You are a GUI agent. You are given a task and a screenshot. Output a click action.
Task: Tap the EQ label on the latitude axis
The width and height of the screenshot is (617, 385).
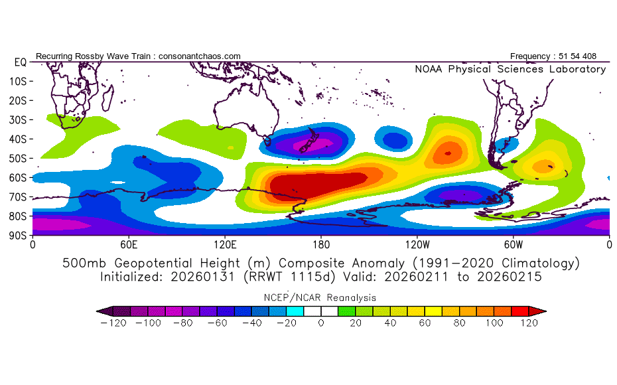19,62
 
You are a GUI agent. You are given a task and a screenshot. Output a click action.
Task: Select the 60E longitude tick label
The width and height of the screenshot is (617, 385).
129,244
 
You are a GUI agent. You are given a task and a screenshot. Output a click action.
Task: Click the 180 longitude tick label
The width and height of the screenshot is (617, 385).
321,244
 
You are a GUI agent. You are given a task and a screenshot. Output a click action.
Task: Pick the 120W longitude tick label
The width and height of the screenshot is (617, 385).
416,244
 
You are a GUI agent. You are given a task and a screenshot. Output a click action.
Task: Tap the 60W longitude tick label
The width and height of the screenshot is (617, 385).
513,244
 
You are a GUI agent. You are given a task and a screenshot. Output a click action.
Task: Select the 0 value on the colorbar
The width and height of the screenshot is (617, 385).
320,324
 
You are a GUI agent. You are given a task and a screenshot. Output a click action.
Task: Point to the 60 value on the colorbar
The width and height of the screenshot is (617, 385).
424,324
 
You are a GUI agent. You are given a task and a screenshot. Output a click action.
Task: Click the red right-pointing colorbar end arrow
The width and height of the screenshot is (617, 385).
541,310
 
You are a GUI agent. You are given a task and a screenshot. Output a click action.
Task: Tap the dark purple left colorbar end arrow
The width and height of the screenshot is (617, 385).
103,310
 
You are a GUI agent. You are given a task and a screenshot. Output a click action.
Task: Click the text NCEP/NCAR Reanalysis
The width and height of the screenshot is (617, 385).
321,297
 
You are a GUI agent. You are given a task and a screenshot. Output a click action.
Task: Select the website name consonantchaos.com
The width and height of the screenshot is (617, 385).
200,56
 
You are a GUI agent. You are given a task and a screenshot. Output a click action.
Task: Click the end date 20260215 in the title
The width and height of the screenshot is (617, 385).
512,276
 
